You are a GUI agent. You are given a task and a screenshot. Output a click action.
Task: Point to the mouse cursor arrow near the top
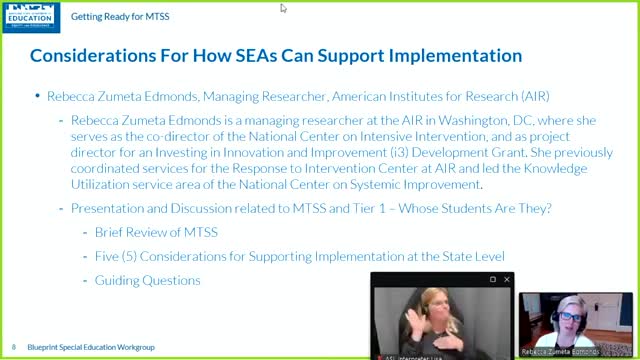[x=284, y=8]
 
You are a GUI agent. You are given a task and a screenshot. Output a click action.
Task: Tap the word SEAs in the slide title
[x=289, y=55]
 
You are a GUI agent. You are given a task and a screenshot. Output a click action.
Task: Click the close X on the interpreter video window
[x=505, y=279]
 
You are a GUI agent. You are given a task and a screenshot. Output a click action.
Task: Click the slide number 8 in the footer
[x=14, y=346]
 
